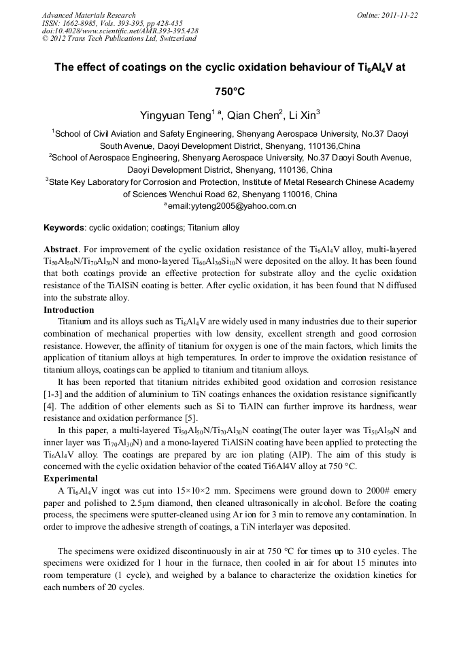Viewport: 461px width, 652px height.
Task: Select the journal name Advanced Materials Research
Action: tap(88, 15)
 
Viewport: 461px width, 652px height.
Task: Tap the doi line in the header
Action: tap(120, 31)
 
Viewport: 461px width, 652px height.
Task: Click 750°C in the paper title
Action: tap(230, 90)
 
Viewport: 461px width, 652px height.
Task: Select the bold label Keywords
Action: tap(64, 228)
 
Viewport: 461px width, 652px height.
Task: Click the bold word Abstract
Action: tap(61, 251)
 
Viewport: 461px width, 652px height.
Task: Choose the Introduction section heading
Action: tap(69, 310)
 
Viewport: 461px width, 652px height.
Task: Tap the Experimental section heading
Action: tap(71, 479)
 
